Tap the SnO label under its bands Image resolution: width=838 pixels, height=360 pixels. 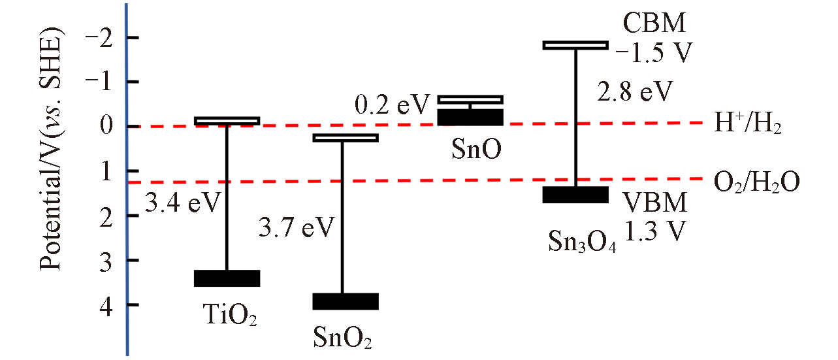pyautogui.click(x=476, y=150)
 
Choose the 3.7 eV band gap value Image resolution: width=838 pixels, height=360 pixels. pyautogui.click(x=296, y=229)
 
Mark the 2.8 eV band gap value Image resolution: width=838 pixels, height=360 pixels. pyautogui.click(x=635, y=91)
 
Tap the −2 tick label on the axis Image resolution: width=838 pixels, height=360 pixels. pyautogui.click(x=91, y=38)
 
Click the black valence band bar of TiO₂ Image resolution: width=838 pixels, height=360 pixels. pyautogui.click(x=227, y=278)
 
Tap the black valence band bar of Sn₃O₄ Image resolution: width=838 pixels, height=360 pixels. pyautogui.click(x=576, y=195)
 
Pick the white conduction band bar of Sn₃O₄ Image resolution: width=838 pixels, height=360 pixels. pyautogui.click(x=576, y=45)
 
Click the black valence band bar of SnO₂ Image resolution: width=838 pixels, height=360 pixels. pyautogui.click(x=346, y=301)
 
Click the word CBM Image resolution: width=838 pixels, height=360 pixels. pyautogui.click(x=653, y=24)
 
